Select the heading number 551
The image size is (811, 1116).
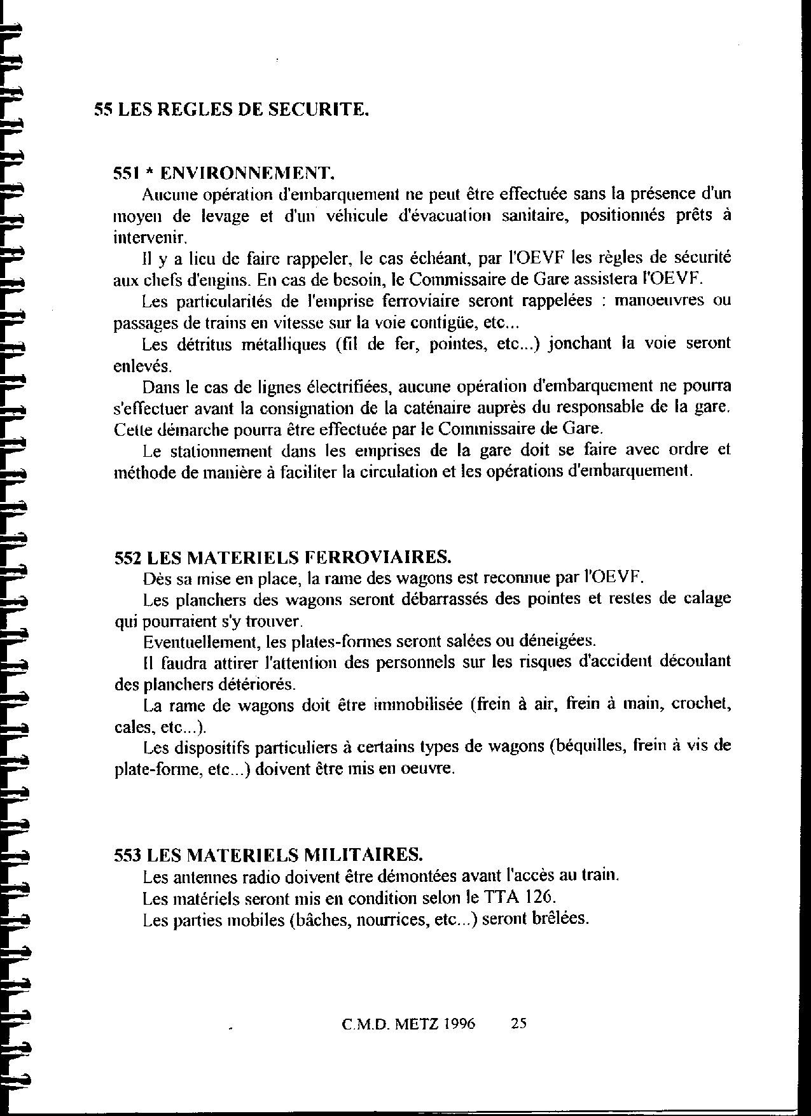pos(125,172)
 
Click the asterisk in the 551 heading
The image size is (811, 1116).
pos(148,172)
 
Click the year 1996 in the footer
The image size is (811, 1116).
pos(459,1024)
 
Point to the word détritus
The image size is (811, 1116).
pos(194,344)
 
